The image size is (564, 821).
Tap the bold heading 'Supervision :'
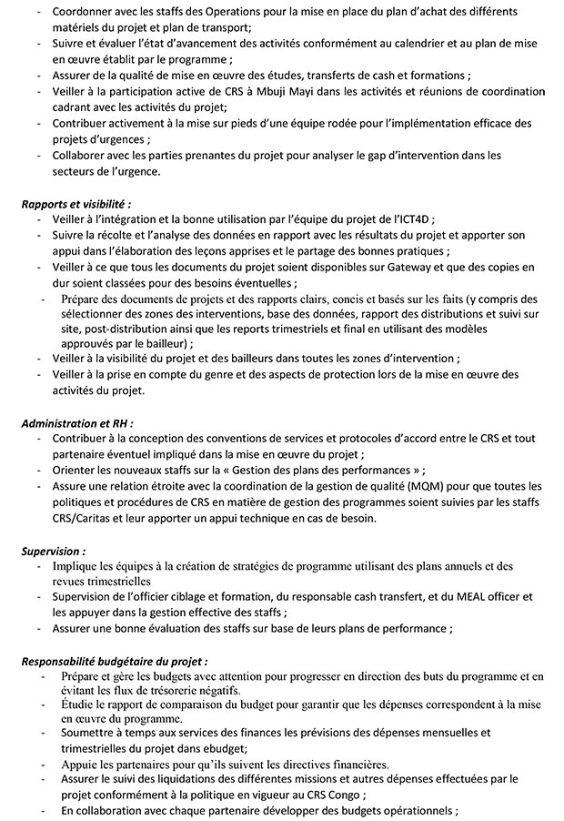[x=54, y=551]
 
